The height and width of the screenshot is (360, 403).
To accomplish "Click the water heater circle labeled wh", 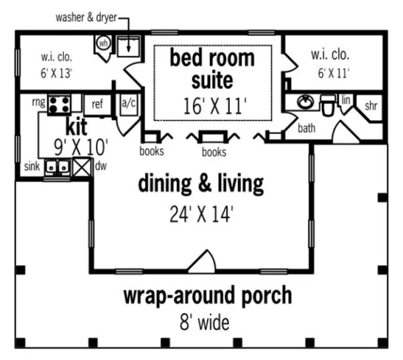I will click(102, 43).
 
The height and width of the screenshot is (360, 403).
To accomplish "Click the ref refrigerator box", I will click(97, 104).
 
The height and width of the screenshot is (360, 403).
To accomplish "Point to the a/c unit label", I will click(128, 104).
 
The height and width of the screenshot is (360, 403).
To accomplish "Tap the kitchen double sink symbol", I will click(57, 168).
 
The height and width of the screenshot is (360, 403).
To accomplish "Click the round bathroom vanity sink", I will click(304, 102).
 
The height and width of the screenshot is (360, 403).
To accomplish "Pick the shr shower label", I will click(370, 106).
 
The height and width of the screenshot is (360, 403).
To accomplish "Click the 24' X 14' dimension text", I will click(201, 214).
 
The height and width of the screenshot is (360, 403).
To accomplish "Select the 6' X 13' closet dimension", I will click(56, 73).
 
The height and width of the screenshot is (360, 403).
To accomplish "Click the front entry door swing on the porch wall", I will click(203, 261).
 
